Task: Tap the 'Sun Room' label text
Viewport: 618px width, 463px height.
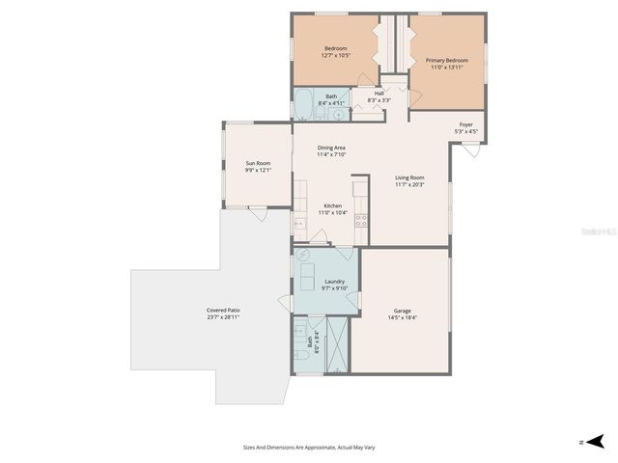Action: click(x=257, y=163)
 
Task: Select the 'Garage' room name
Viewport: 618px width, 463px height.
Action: click(x=402, y=311)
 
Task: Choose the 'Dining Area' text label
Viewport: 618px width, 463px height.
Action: click(x=331, y=147)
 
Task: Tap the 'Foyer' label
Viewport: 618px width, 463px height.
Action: click(x=465, y=124)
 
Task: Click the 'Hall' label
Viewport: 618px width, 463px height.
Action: click(x=366, y=93)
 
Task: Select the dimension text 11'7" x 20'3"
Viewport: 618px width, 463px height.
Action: click(x=409, y=184)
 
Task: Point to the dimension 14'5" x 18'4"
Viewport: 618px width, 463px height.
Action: click(x=402, y=317)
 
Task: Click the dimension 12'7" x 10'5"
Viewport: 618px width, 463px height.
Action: click(x=335, y=55)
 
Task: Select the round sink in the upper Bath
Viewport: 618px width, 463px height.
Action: click(x=339, y=112)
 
